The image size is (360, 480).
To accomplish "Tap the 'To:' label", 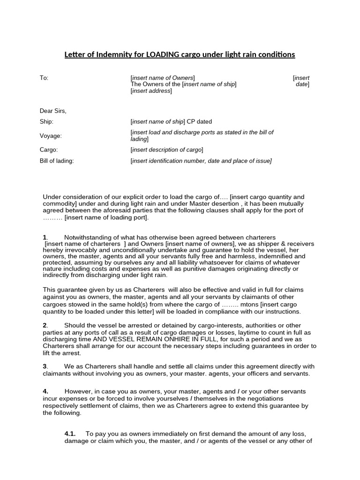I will pyautogui.click(x=44, y=78).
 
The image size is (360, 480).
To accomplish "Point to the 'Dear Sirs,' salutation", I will pyautogui.click(x=53, y=111).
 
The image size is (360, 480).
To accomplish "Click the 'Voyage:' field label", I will pyautogui.click(x=51, y=136).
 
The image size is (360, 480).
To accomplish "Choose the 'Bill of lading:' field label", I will pyautogui.click(x=57, y=161).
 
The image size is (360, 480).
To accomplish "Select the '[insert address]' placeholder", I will pyautogui.click(x=151, y=91).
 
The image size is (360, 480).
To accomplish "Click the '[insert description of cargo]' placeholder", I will pyautogui.click(x=166, y=150).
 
